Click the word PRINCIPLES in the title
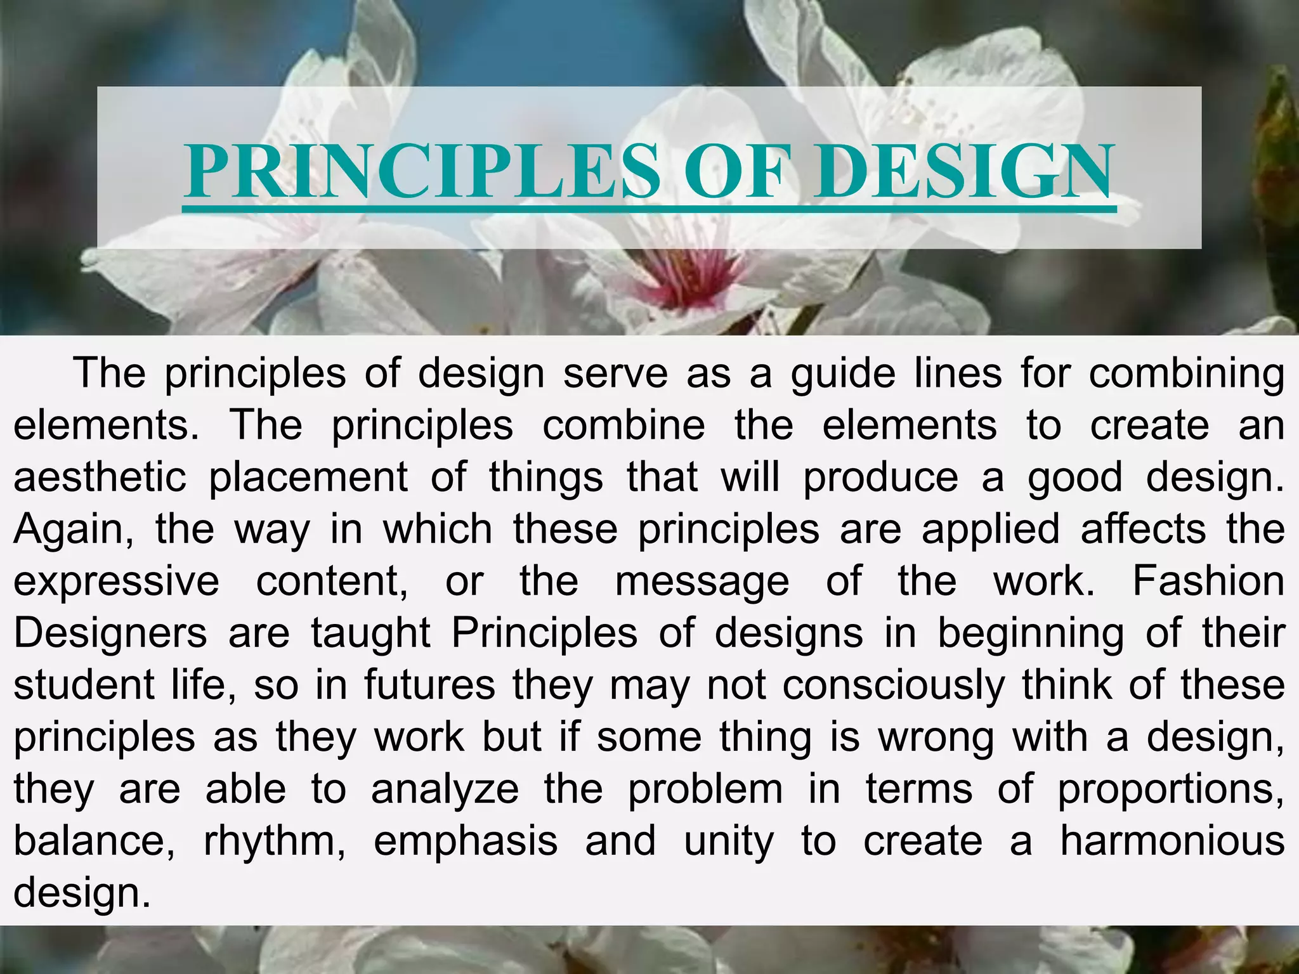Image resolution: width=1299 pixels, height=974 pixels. pyautogui.click(x=422, y=171)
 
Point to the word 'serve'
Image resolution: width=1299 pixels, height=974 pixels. pyautogui.click(x=615, y=373)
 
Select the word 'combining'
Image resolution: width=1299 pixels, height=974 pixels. pyautogui.click(x=1187, y=375)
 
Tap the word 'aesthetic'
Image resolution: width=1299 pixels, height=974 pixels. pyautogui.click(x=100, y=477)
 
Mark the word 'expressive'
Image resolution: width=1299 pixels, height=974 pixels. pyautogui.click(x=116, y=582)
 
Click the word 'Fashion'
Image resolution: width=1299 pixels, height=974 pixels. pyautogui.click(x=1208, y=581)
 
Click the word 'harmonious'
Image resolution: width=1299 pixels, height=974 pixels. pyautogui.click(x=1172, y=841)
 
